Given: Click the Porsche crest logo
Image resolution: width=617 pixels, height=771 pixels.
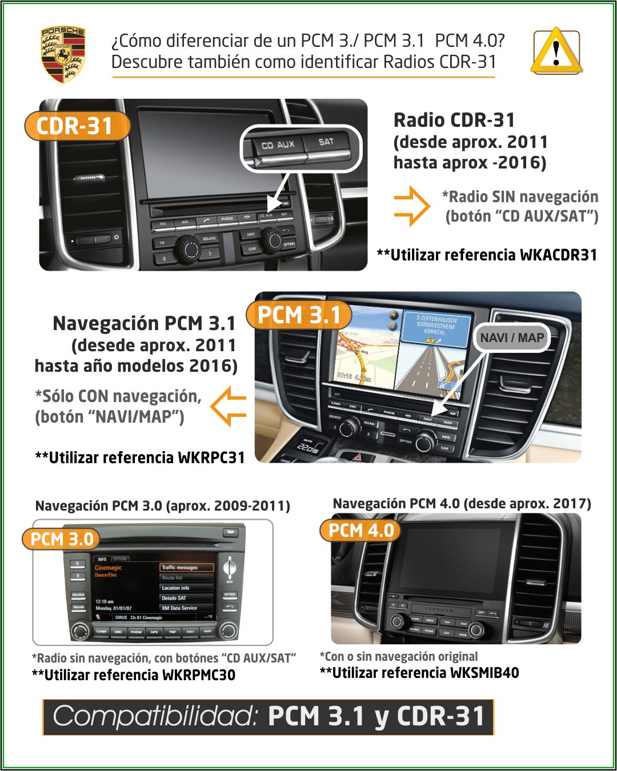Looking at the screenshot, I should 63,54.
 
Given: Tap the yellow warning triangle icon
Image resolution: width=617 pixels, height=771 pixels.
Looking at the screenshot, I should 556,53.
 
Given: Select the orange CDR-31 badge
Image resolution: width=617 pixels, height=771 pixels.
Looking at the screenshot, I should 76,126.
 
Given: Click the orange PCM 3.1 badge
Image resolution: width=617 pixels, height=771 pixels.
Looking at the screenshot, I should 299,315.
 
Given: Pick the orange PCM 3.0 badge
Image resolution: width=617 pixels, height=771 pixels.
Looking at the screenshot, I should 61,539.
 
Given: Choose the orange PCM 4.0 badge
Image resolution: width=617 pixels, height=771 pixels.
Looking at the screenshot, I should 360,530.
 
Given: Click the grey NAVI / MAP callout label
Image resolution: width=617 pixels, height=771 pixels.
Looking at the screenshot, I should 511,338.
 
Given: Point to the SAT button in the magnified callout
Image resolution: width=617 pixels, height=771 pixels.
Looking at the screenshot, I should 326,142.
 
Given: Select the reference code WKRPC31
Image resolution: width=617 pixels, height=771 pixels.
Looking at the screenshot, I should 211,457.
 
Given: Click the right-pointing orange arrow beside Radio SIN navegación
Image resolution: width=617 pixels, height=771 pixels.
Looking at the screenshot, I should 411,206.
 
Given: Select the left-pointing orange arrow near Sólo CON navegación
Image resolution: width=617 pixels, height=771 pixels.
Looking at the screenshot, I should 229,406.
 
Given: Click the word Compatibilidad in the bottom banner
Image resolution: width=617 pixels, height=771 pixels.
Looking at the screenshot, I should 155,716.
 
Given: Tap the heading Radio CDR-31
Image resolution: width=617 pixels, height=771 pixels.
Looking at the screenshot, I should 454,120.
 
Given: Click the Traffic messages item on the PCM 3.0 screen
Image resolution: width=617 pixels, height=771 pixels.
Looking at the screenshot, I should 186,567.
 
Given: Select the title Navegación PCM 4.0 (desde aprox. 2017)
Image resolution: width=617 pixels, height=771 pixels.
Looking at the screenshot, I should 462,503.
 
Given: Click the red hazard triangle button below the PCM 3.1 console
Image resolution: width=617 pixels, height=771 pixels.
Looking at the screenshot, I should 359,457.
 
